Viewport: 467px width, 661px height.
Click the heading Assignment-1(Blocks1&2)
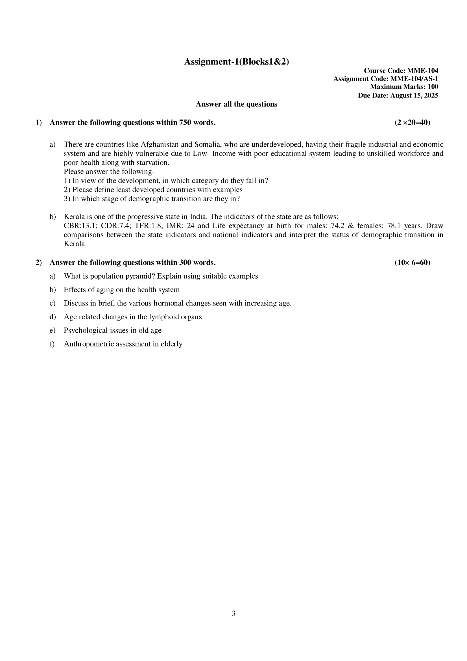click(236, 62)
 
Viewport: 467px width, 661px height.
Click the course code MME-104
click(423, 71)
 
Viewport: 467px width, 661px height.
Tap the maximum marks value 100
click(433, 87)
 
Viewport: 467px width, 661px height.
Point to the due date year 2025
click(431, 95)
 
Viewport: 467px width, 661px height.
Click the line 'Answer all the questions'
click(236, 104)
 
